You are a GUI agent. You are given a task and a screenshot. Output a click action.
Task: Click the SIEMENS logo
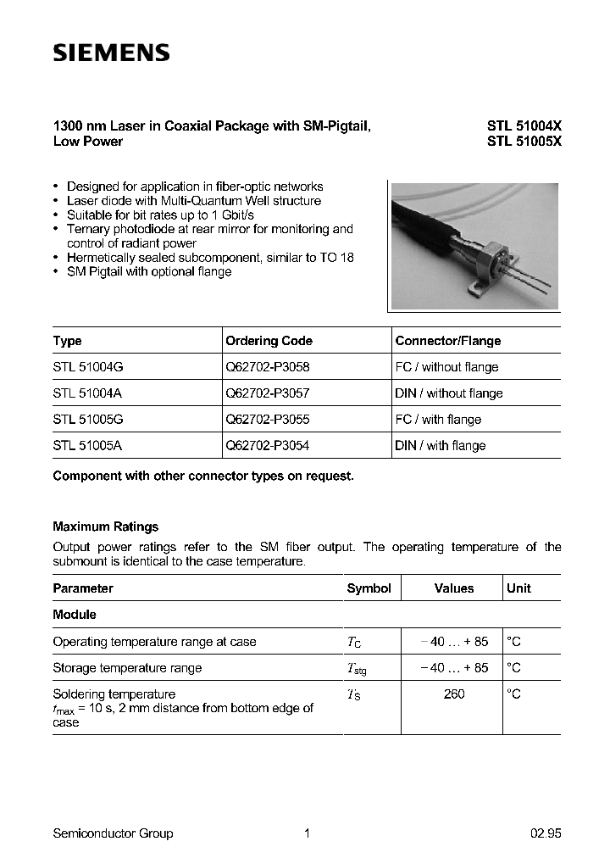112,53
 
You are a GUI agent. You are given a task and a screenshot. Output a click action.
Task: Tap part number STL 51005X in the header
524,142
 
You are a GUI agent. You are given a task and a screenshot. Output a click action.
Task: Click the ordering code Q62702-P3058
269,367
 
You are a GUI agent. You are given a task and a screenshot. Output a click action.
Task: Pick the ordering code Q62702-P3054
269,446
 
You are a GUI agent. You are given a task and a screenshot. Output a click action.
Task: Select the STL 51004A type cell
88,393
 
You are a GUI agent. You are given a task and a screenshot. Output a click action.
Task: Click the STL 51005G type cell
89,420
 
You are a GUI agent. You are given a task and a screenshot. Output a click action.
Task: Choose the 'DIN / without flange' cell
449,393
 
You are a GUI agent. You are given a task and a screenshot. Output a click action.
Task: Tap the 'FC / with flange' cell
438,420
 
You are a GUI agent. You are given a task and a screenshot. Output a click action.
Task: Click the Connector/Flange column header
448,341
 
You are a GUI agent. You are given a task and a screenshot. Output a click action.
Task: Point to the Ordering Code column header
269,341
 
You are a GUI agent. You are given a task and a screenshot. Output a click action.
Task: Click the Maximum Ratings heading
106,526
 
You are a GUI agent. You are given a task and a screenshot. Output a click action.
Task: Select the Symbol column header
369,588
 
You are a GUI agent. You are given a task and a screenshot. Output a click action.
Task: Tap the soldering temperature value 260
454,694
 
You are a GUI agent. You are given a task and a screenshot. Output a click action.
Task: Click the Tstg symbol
357,669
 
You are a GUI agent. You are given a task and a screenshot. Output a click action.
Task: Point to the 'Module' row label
75,615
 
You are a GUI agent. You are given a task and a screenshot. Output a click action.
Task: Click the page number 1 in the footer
307,833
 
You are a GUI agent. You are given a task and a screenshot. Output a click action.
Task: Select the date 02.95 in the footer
545,833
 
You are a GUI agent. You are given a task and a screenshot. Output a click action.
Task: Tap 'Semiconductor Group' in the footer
113,833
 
